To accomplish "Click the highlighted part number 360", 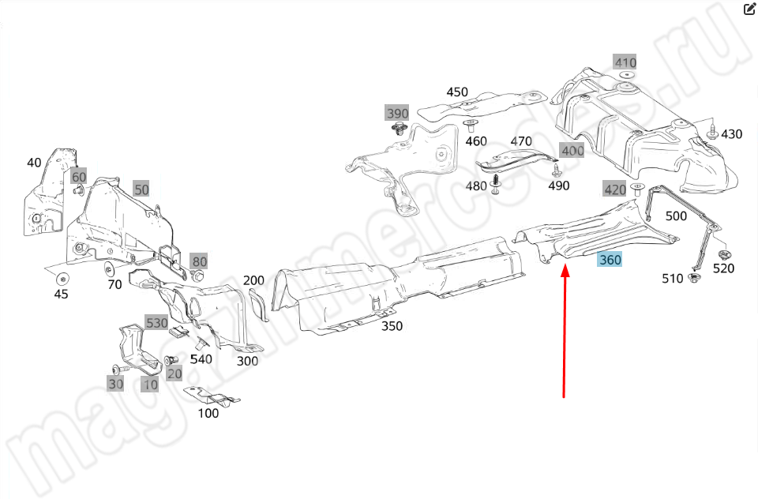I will (610, 260).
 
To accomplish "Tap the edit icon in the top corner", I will (750, 9).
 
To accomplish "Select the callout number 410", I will (625, 62).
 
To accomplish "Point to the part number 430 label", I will (731, 134).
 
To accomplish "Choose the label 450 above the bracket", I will (457, 92).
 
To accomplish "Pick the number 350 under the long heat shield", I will (392, 325).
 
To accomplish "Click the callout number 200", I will (253, 280).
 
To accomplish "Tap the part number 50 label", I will (141, 189).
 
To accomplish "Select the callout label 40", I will (34, 163).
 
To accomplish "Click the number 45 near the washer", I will (61, 294).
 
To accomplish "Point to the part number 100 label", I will (208, 413).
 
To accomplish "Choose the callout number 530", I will (156, 323).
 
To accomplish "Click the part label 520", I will (723, 268).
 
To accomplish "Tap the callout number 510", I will (672, 279).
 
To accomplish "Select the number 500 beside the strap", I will (676, 216).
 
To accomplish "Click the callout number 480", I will (476, 186).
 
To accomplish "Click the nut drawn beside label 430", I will (712, 133).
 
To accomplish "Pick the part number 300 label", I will (248, 362).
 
